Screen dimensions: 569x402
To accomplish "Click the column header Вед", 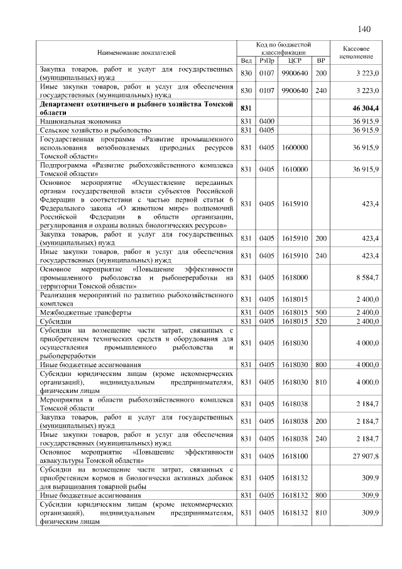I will tap(246, 60).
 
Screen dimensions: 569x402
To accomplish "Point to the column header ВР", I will tap(321, 60).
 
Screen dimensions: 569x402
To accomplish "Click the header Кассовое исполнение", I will tap(357, 52).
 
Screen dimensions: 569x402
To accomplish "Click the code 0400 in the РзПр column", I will tap(268, 119).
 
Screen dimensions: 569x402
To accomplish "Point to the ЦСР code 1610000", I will tap(295, 169).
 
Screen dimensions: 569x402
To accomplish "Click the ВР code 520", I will tap(321, 321).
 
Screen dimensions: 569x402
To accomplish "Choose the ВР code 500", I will tap(321, 312).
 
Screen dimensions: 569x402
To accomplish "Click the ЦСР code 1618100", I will tap(295, 456).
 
